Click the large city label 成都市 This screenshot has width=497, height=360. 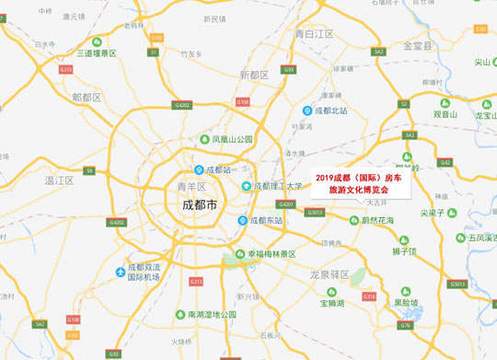(199, 205)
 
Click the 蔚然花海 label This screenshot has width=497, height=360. (377, 220)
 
